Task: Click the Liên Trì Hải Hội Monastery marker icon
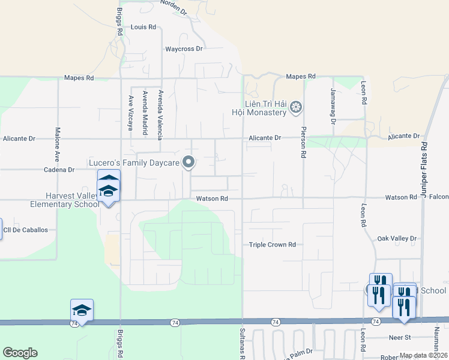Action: pyautogui.click(x=295, y=108)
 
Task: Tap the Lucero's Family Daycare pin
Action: pyautogui.click(x=189, y=162)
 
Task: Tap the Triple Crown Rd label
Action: pyautogui.click(x=273, y=245)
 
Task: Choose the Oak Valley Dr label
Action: pyautogui.click(x=397, y=238)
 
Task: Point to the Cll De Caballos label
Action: pyautogui.click(x=25, y=230)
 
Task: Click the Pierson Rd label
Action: pyautogui.click(x=304, y=142)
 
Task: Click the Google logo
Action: pyautogui.click(x=20, y=353)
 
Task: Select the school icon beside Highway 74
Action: pyautogui.click(x=82, y=310)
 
